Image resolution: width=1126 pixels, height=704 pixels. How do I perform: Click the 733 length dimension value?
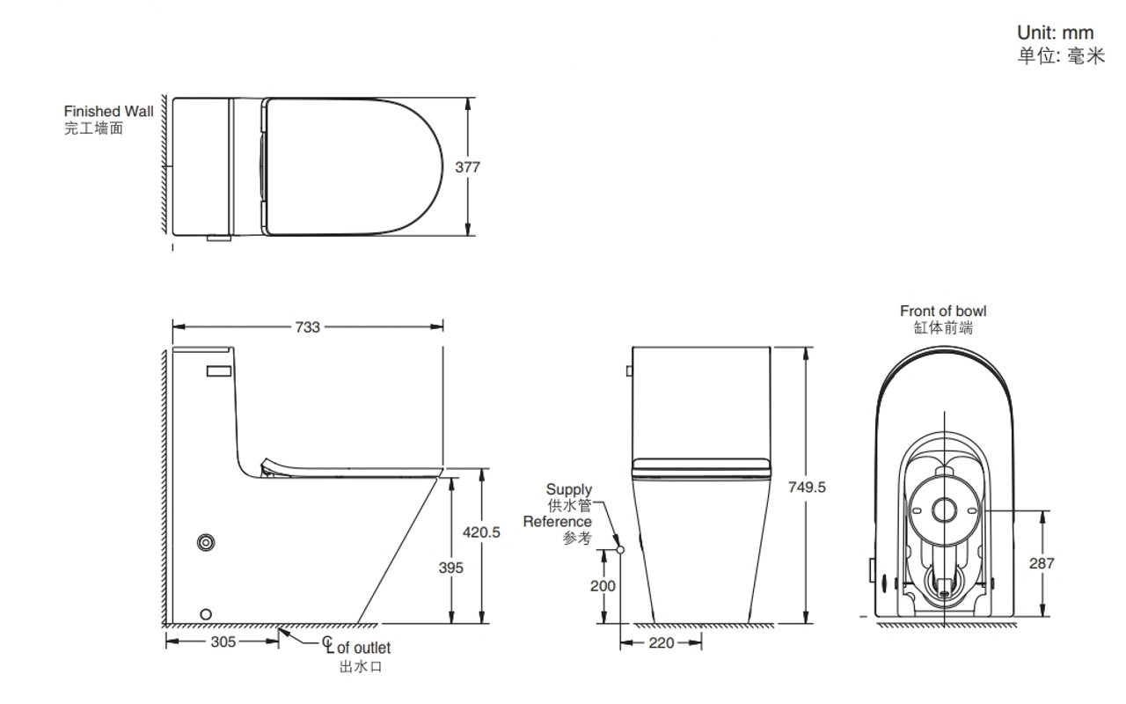pos(307,327)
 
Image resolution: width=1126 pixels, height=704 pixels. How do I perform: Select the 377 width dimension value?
pos(467,167)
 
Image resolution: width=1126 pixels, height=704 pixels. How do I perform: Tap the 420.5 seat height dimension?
pos(481,532)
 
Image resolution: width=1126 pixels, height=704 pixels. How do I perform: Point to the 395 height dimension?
pos(450,568)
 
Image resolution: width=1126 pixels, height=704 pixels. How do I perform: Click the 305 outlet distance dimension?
pos(223,642)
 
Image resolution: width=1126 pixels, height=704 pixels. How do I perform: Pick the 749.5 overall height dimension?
pos(807,487)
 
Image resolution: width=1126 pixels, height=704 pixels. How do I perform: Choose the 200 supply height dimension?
pos(603,586)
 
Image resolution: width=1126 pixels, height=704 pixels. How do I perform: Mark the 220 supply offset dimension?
pos(661,642)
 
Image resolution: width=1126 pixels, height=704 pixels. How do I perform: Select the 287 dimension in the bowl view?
pos(1042,563)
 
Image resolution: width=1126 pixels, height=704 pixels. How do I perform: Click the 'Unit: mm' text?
pos(1055,33)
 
